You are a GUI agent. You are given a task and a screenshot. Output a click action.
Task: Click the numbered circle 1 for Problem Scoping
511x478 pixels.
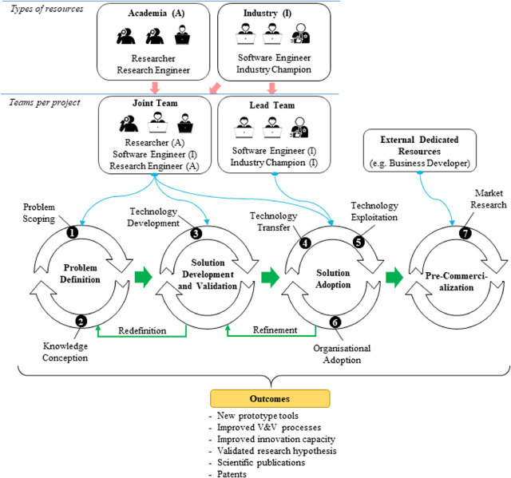click(71, 234)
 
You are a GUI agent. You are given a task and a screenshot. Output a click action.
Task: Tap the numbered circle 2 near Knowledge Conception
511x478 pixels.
click(81, 321)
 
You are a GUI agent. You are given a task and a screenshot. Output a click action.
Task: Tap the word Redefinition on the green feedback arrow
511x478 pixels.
click(141, 330)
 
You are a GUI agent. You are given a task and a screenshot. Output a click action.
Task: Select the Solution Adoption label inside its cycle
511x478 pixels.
click(328, 274)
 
